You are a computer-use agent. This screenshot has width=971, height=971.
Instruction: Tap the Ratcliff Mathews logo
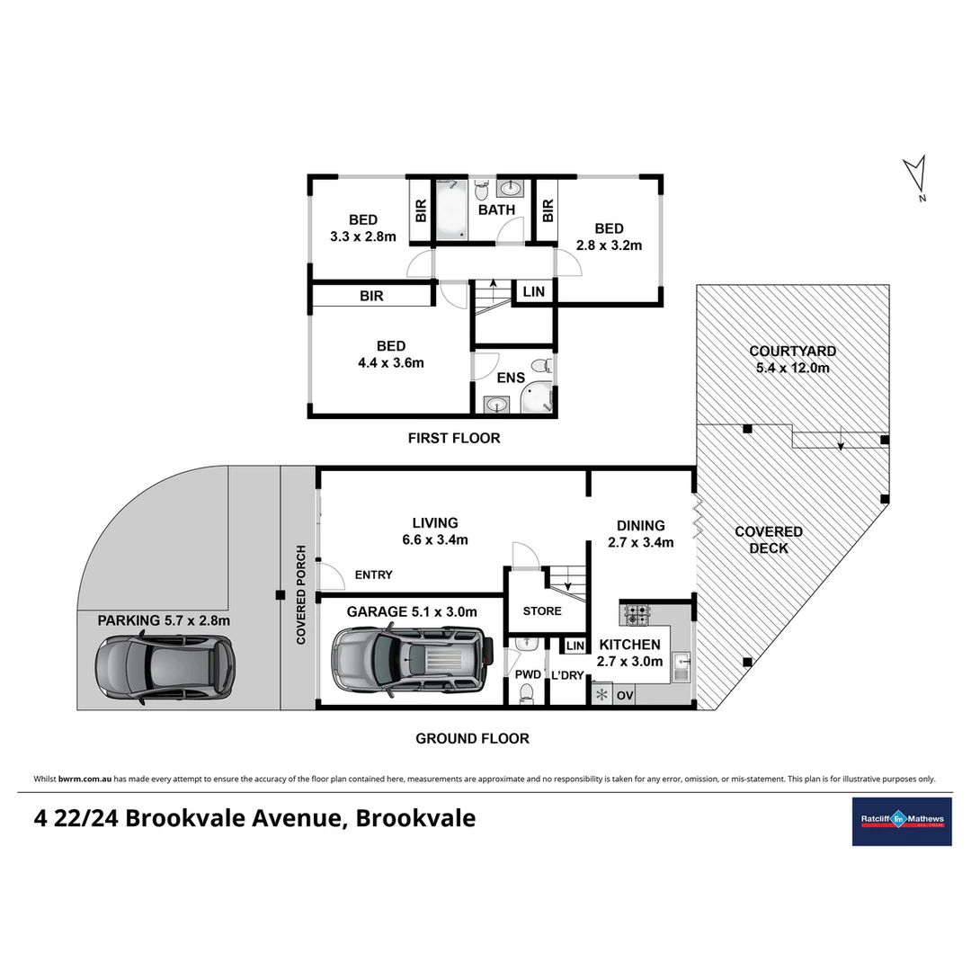tap(901, 821)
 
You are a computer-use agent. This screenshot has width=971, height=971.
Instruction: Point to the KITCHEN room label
tap(629, 645)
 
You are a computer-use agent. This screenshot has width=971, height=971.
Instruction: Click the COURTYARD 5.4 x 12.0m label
tap(792, 360)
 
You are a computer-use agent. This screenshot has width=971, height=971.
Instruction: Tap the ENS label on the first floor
tap(510, 378)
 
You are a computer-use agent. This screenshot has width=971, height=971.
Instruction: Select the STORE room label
tap(542, 611)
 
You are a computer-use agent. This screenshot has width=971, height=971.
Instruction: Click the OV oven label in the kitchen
tap(625, 695)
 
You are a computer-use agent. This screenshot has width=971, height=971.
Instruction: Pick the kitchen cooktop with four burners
tap(637, 615)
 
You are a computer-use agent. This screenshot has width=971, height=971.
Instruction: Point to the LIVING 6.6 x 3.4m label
tap(435, 531)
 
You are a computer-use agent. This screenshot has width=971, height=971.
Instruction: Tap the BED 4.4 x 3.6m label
tap(391, 354)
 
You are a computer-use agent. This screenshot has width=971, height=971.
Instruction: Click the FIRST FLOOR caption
tap(454, 439)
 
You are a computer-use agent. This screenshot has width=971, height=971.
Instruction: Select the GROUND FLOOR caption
tap(472, 739)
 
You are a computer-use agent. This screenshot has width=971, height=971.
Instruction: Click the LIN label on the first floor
tap(533, 293)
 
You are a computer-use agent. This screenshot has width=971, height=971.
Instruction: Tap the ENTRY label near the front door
tap(373, 575)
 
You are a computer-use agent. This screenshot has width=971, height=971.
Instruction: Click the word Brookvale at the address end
tap(415, 819)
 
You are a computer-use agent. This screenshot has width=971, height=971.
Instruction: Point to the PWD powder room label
tap(529, 674)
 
